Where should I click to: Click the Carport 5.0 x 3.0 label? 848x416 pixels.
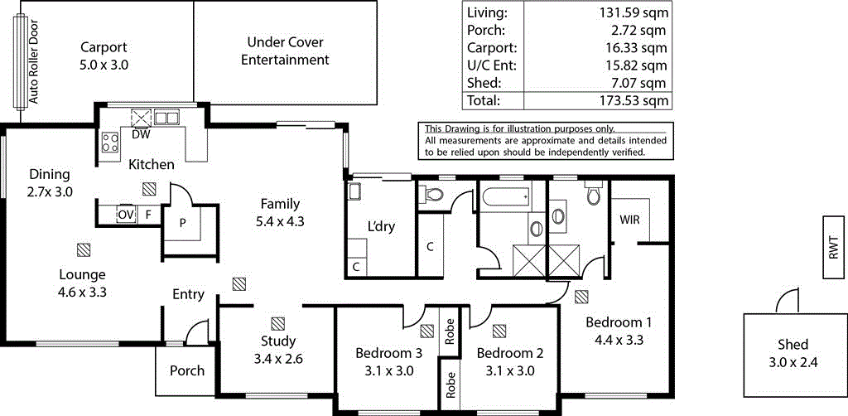pos(104,56)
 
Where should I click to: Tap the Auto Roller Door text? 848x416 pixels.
pos(34,60)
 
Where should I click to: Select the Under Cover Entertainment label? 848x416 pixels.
pos(285,51)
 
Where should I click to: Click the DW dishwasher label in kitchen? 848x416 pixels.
pos(140,134)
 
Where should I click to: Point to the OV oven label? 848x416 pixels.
pos(126,215)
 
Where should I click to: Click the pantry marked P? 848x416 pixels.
pos(182,224)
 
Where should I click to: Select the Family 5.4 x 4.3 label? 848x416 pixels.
pos(280,212)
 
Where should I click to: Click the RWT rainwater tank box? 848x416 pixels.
pos(833,249)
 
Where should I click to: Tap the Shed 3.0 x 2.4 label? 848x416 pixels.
pos(793,352)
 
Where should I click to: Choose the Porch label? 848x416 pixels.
pos(186,370)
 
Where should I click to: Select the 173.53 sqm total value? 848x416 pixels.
pos(634,101)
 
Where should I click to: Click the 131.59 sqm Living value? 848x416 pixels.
pos(634,12)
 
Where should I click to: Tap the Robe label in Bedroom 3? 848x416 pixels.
pos(450,331)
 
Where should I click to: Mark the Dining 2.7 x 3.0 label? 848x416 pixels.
pos(50,182)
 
